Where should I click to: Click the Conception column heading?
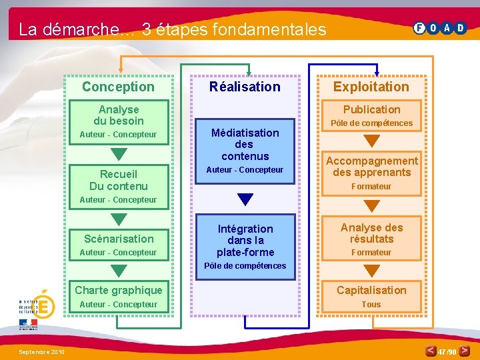[118, 87]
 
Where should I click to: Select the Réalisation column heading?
[245, 87]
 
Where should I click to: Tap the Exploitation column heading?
[371, 87]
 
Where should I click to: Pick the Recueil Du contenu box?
[119, 180]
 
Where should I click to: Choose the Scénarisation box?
[119, 239]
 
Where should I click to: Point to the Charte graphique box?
[119, 290]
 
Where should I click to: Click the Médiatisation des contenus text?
[245, 145]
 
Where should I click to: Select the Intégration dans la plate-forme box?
[245, 241]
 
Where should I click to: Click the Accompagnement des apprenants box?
[371, 167]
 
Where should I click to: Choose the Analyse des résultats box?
[371, 233]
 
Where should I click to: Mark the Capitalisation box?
[371, 290]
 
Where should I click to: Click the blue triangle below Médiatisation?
[245, 199]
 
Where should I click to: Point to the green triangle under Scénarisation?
[119, 270]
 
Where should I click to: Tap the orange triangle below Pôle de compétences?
[371, 141]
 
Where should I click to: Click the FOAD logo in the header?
[440, 28]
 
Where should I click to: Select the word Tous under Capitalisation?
[371, 305]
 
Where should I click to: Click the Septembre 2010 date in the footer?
[41, 351]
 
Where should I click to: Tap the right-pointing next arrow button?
[465, 351]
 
